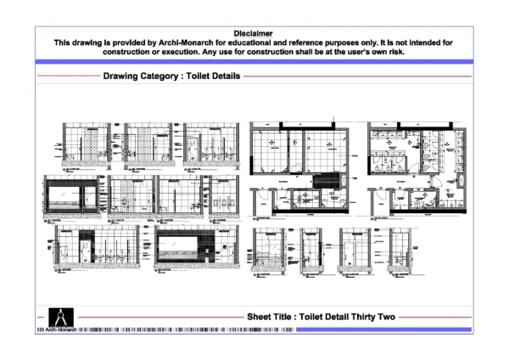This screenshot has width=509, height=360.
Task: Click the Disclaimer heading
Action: pyautogui.click(x=255, y=32)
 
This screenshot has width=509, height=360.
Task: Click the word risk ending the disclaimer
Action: pyautogui.click(x=396, y=51)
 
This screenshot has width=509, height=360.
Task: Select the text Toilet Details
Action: pyautogui.click(x=212, y=76)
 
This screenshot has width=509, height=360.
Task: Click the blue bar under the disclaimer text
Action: pyautogui.click(x=255, y=61)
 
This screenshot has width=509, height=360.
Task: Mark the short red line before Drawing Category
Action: pyautogui.click(x=68, y=76)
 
